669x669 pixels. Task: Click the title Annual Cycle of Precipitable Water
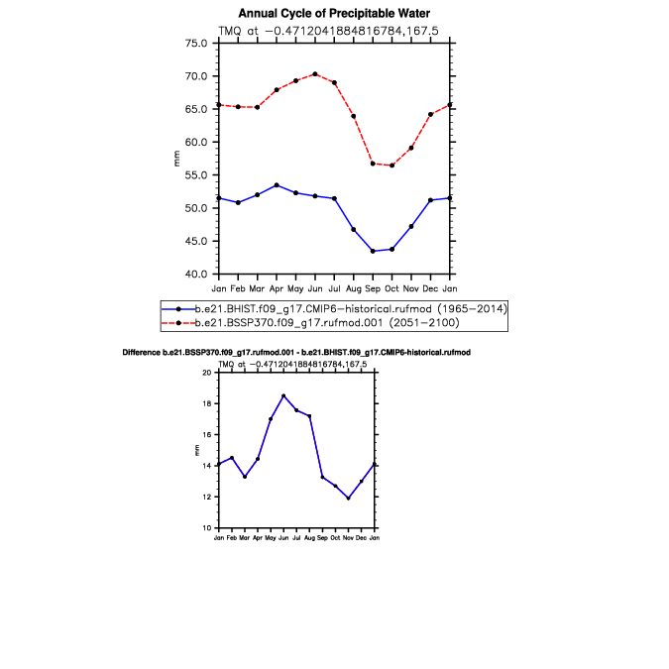pos(334,14)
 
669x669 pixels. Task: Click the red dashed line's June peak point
pos(315,74)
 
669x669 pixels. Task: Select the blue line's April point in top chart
pos(277,185)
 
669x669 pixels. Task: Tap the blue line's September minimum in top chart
pos(373,252)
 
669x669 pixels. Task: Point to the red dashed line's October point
pos(392,166)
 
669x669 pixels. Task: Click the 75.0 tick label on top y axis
pos(196,43)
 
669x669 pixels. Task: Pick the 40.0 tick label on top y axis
pos(196,274)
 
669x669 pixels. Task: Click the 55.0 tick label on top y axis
pos(196,174)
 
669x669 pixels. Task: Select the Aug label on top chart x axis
pos(353,289)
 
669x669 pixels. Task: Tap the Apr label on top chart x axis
pos(277,289)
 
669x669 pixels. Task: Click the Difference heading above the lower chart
pos(296,353)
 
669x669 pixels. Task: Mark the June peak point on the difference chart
pos(283,395)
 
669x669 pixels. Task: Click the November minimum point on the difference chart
pos(349,499)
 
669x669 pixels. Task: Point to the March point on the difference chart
pos(245,477)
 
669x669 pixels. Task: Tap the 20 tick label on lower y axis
pos(207,373)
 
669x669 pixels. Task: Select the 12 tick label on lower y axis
pos(207,498)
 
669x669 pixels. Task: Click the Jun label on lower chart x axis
pos(283,538)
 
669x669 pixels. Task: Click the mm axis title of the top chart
pos(176,159)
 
